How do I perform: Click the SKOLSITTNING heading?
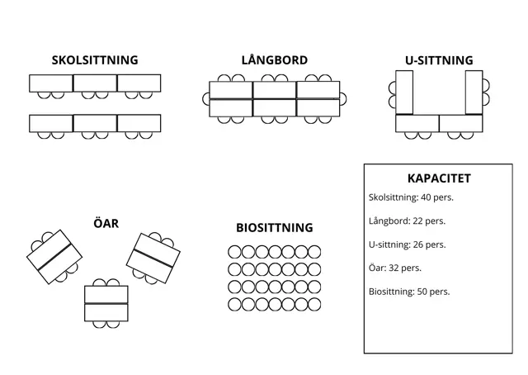pyautogui.click(x=95, y=60)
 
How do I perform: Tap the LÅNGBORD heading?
pyautogui.click(x=275, y=60)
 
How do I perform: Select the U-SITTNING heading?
pyautogui.click(x=439, y=60)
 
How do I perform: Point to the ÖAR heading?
pyautogui.click(x=106, y=223)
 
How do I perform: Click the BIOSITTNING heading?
pyautogui.click(x=275, y=228)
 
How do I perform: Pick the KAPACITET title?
pyautogui.click(x=439, y=178)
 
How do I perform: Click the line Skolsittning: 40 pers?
pyautogui.click(x=411, y=197)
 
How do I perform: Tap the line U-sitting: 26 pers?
pyautogui.click(x=407, y=244)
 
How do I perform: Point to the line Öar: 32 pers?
pyautogui.click(x=394, y=268)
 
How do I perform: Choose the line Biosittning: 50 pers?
pyautogui.click(x=409, y=292)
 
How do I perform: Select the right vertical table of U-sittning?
pyautogui.click(x=474, y=92)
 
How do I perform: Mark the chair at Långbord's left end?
pyautogui.click(x=205, y=99)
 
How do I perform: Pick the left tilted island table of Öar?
pyautogui.click(x=53, y=257)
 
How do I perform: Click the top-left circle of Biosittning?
pyautogui.click(x=234, y=252)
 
